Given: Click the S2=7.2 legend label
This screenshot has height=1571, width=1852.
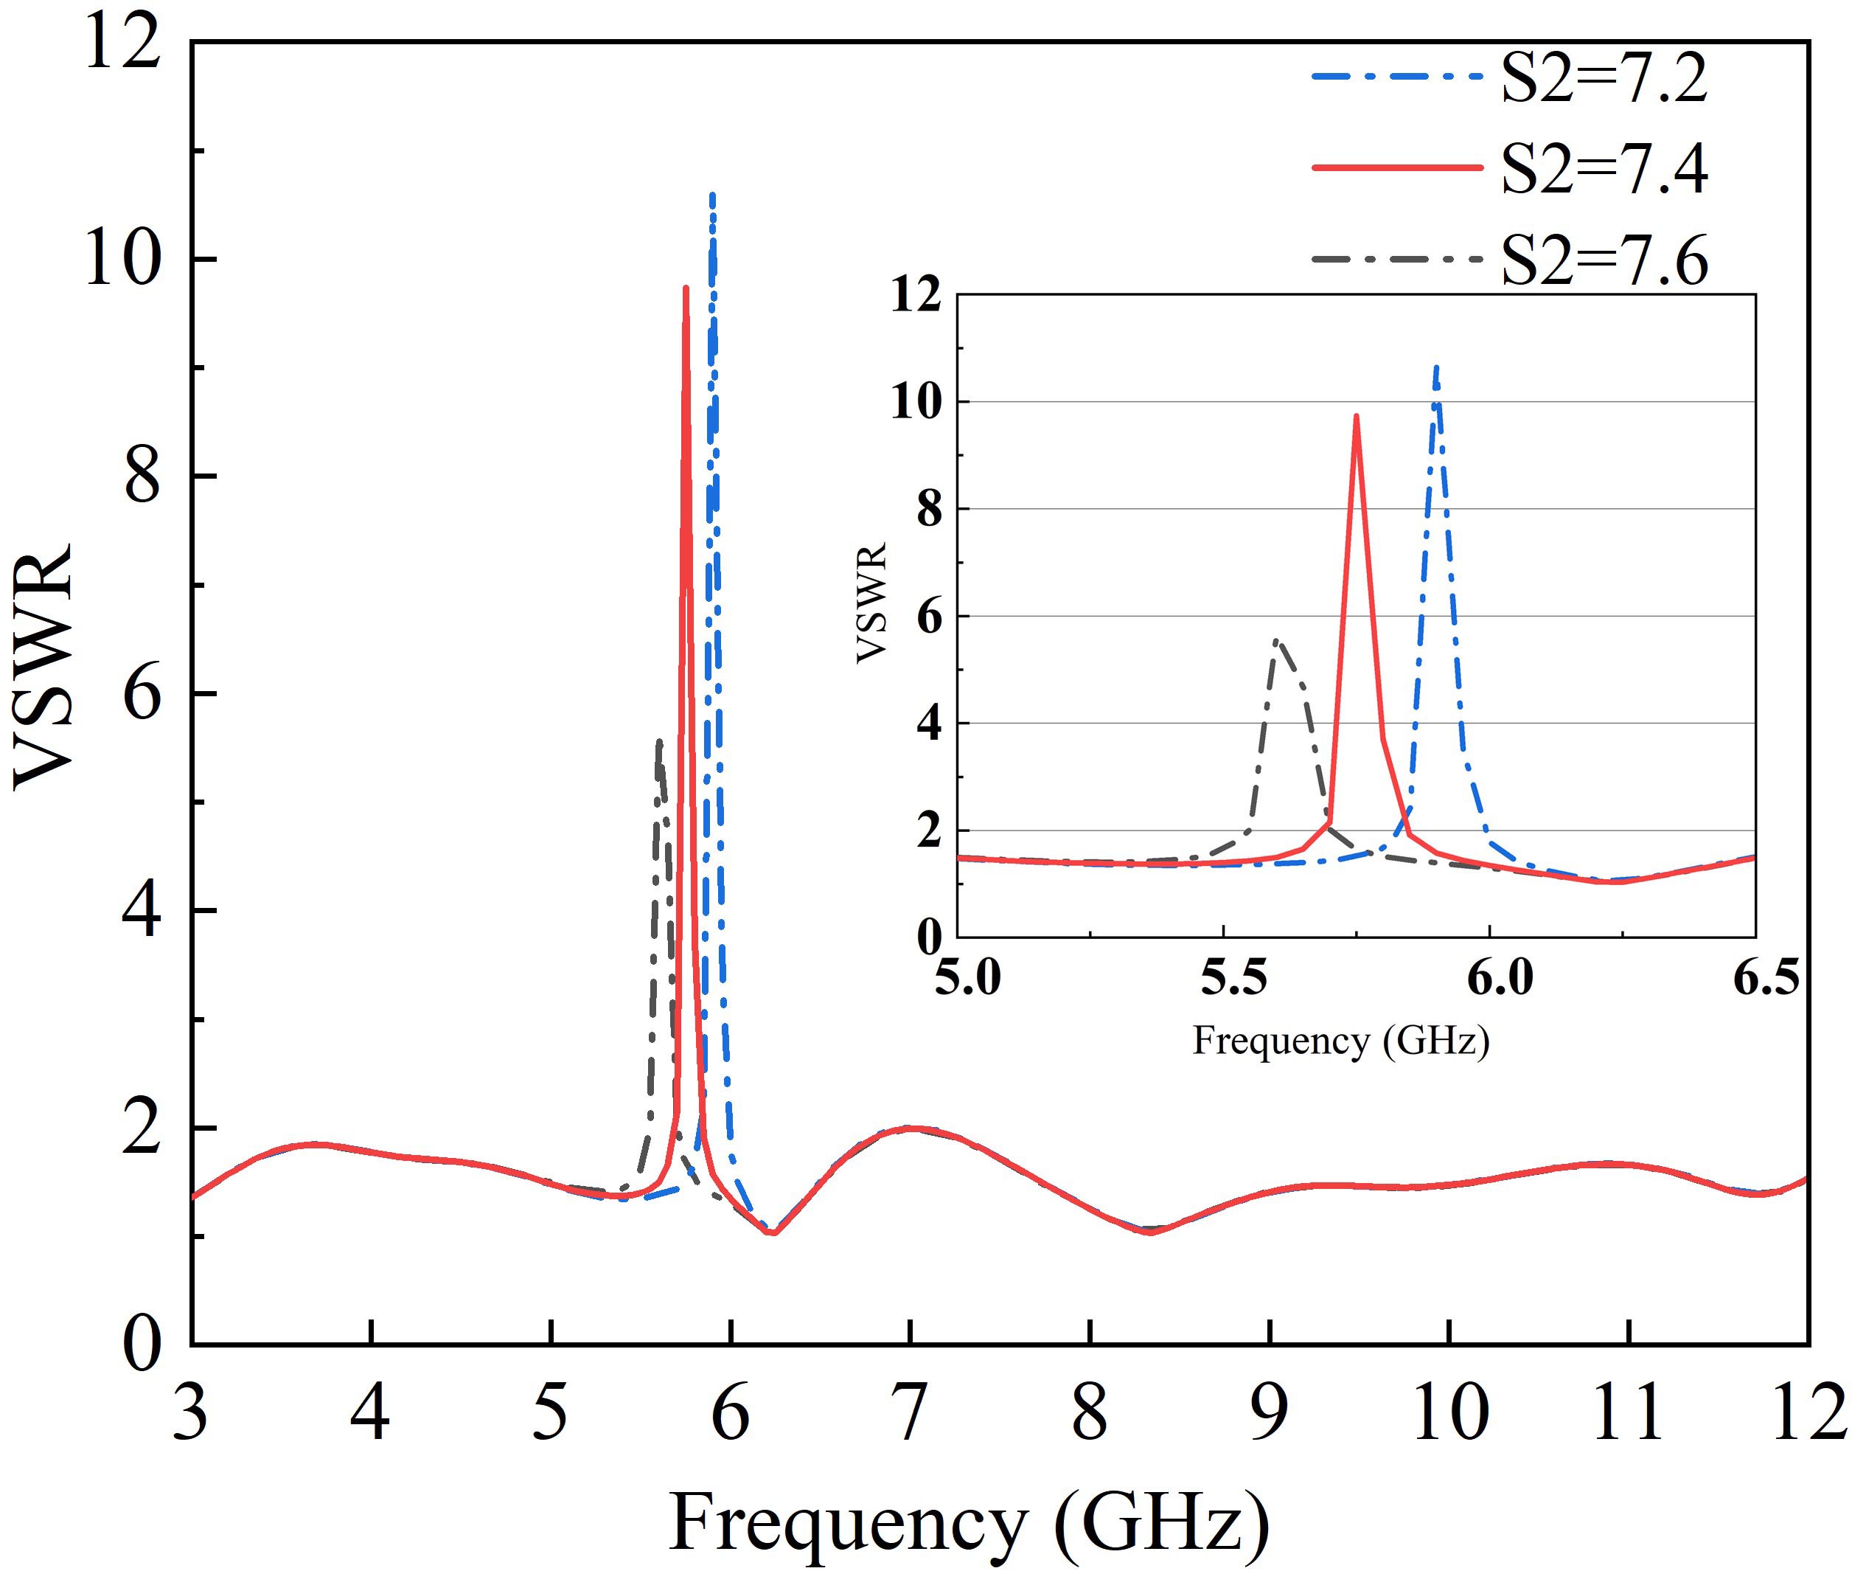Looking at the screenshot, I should [1604, 78].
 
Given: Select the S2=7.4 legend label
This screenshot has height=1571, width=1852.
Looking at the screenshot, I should [1604, 168].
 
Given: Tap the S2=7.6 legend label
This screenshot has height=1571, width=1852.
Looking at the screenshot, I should [1604, 260].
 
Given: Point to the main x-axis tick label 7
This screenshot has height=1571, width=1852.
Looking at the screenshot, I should [909, 1412].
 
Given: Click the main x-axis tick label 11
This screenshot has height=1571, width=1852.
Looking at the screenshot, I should [1628, 1412].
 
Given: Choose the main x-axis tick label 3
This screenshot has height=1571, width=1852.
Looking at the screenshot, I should [190, 1412].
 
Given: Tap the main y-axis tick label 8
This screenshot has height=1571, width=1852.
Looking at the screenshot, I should [142, 477].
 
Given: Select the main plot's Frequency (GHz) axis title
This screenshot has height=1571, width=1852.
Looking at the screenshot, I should [969, 1521].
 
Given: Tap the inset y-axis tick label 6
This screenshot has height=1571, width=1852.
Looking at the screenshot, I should [930, 617].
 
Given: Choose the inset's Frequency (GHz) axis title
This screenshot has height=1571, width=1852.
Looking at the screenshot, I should [1341, 1040].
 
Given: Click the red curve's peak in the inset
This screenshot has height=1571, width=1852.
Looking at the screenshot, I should [1356, 416].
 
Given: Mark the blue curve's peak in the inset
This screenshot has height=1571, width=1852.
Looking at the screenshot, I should [1436, 366].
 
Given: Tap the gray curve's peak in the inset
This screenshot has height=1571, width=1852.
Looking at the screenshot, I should [1276, 639].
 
